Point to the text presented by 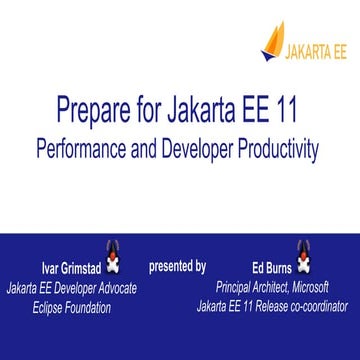177,266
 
